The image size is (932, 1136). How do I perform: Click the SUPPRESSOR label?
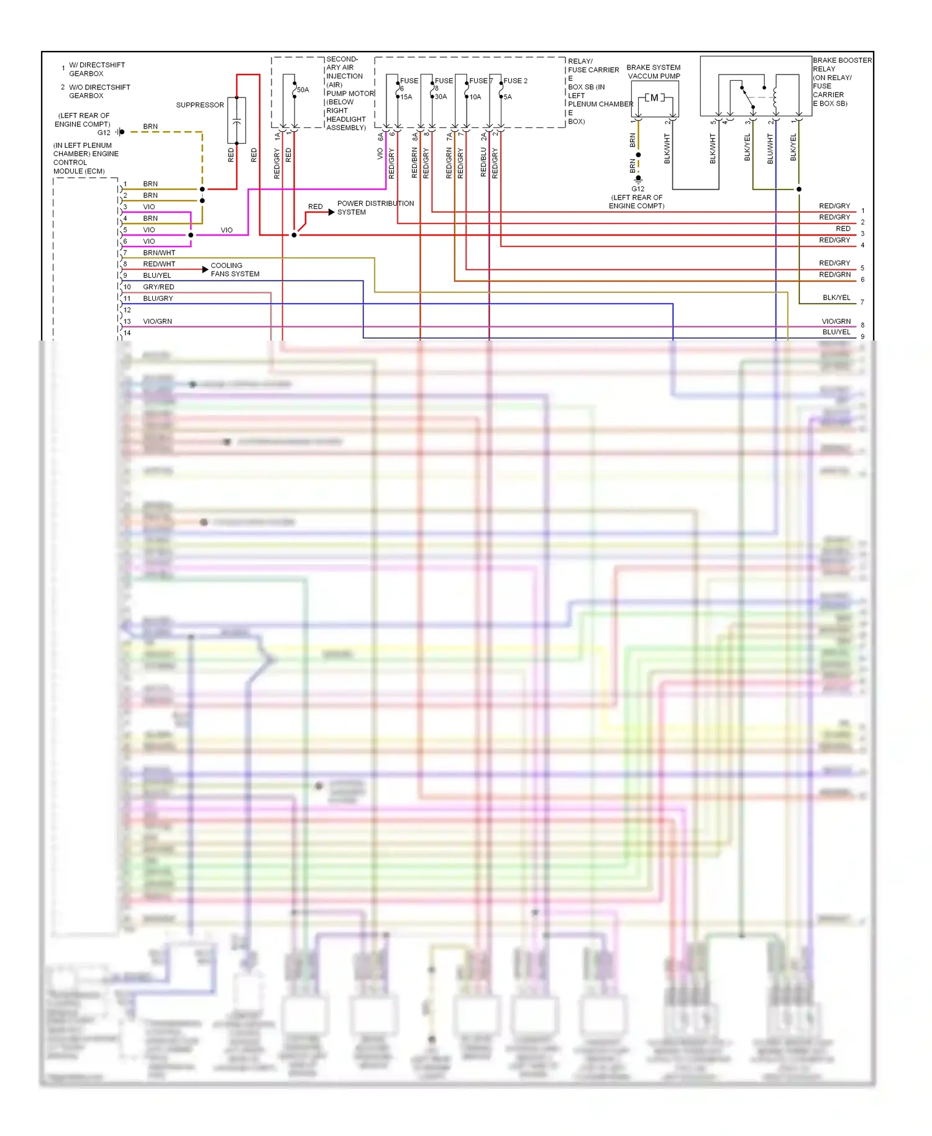click(x=199, y=105)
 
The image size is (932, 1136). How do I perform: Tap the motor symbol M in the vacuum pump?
click(x=654, y=98)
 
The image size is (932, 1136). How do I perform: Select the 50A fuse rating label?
click(x=303, y=89)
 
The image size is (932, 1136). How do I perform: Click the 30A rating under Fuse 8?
click(x=441, y=97)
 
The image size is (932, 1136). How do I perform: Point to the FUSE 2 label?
click(x=515, y=81)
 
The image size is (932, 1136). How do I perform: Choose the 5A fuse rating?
click(x=508, y=97)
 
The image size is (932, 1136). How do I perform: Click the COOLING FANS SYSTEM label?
click(x=235, y=270)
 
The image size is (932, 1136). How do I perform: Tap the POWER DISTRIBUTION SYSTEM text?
click(x=375, y=208)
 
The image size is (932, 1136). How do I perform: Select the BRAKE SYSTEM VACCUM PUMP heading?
click(x=653, y=71)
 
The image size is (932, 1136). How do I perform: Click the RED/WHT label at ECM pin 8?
click(x=159, y=264)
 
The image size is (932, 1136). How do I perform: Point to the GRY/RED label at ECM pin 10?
click(x=158, y=287)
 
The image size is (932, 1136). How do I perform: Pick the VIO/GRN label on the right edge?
click(x=836, y=321)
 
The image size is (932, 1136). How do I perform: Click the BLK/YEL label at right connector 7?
click(x=836, y=298)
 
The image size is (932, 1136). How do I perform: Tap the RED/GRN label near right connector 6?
click(x=834, y=275)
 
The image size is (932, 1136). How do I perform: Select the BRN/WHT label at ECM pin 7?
click(x=159, y=253)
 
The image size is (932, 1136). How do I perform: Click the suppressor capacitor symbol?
click(x=237, y=121)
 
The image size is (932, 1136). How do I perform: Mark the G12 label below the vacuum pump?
click(x=638, y=189)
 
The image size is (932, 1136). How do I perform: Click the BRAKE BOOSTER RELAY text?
click(x=841, y=65)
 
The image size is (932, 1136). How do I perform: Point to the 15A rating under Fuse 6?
click(x=406, y=97)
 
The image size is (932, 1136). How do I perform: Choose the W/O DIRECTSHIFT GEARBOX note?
click(x=99, y=91)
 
